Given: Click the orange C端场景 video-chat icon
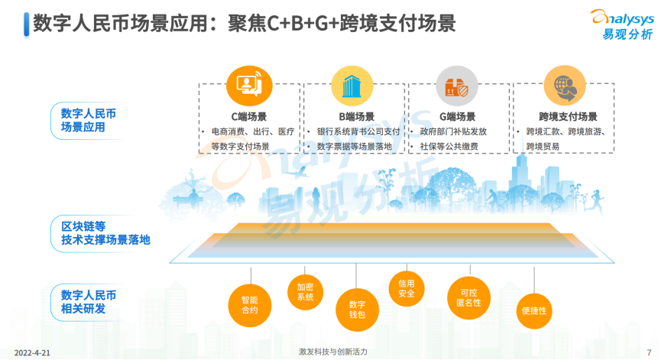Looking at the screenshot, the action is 249,86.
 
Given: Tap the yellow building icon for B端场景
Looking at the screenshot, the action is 352,86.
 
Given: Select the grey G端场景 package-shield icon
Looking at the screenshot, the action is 457,86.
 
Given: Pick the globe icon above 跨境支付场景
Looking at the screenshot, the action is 565,86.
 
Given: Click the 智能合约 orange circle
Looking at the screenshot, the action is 250,306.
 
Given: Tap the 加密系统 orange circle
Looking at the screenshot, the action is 305,292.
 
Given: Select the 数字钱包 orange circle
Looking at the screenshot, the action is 357,310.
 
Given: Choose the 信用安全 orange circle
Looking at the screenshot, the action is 407,289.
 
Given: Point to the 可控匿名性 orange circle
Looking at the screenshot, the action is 468,298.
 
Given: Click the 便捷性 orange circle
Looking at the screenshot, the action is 534,311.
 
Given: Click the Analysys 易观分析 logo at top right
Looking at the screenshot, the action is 623,24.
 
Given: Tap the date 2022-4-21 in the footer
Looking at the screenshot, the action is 32,353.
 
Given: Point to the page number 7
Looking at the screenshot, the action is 650,352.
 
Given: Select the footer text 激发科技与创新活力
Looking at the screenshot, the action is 333,352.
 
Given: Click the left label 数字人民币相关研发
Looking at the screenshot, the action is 88,302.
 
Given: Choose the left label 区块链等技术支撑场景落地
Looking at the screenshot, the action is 105,233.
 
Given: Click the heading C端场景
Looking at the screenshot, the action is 248,117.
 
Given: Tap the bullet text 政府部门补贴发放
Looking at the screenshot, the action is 453,131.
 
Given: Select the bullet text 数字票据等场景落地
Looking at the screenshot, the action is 354,146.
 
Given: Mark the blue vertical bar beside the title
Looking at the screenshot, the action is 27,24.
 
